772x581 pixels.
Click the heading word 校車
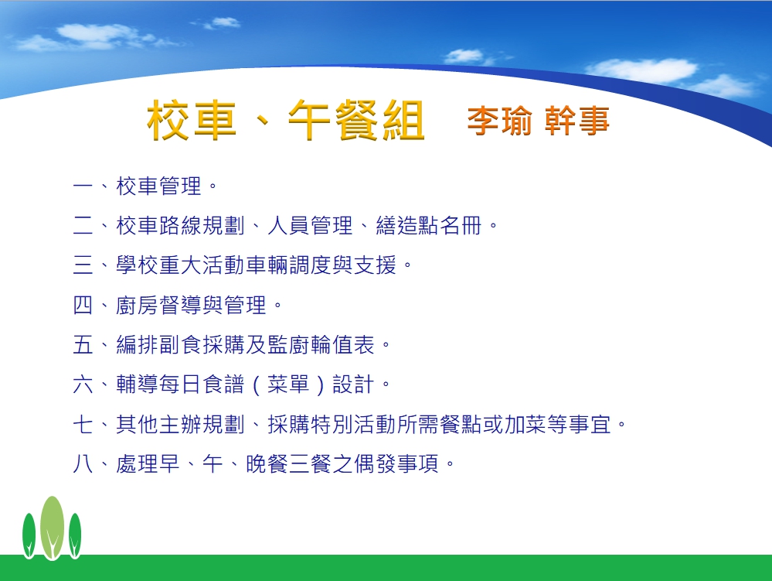tap(192, 120)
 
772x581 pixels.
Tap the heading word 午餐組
tap(356, 120)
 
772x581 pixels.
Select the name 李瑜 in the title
tap(499, 121)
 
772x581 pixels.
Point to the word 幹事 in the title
tap(577, 121)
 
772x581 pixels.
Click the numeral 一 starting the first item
tap(83, 186)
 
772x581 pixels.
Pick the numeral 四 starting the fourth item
tap(83, 305)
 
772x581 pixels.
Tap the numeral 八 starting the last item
tap(83, 463)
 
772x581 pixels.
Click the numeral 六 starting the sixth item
tap(83, 384)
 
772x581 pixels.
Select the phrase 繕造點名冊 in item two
tap(428, 226)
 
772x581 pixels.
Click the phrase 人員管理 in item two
tap(310, 226)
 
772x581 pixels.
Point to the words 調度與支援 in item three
tap(342, 265)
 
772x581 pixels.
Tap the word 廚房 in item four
tap(137, 305)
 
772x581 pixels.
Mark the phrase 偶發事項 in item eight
tap(396, 463)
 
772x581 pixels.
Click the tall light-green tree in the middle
tap(52, 528)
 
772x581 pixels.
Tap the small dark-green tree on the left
tap(29, 535)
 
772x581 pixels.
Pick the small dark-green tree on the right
tap(75, 535)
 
